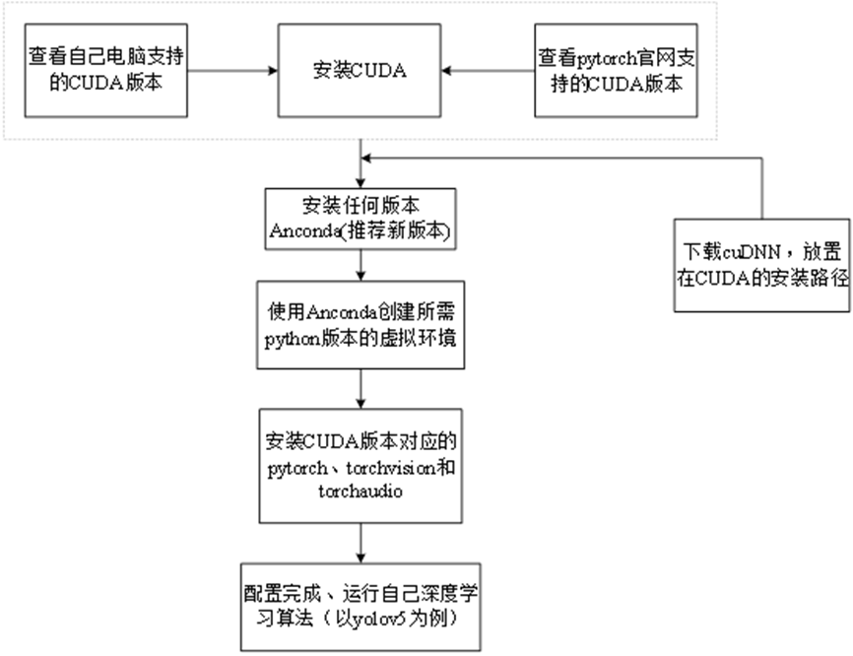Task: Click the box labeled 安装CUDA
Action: [359, 71]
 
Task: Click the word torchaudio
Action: [360, 490]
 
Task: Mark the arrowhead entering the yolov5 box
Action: [361, 556]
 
